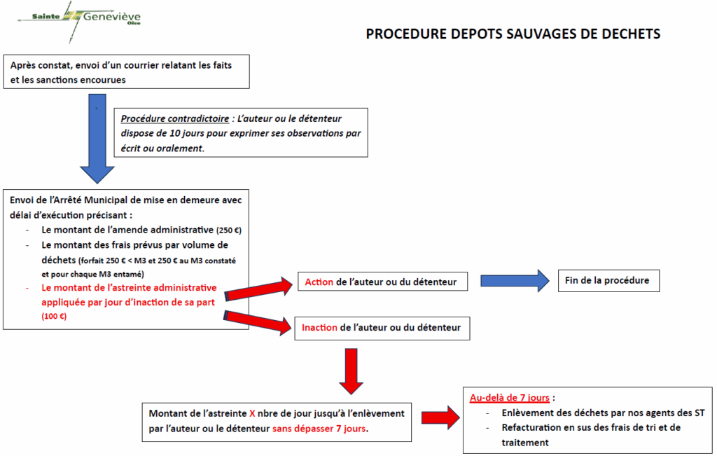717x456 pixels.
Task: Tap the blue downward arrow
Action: [97, 139]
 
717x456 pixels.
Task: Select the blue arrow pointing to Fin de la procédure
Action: [515, 280]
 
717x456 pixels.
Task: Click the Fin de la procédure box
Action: [608, 281]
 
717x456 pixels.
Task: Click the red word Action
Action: [319, 282]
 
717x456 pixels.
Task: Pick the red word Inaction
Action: [319, 328]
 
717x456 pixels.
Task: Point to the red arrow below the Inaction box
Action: [351, 371]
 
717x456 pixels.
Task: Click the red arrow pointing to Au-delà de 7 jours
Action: [440, 417]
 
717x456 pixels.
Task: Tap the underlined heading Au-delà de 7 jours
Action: [510, 398]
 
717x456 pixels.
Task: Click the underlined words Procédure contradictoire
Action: [174, 119]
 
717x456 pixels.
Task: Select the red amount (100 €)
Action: [54, 317]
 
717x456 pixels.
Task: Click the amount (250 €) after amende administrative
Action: [229, 230]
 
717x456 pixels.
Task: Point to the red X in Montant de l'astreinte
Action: [252, 414]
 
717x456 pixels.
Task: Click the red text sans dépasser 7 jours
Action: [320, 429]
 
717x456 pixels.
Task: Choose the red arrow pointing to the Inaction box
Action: [258, 322]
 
